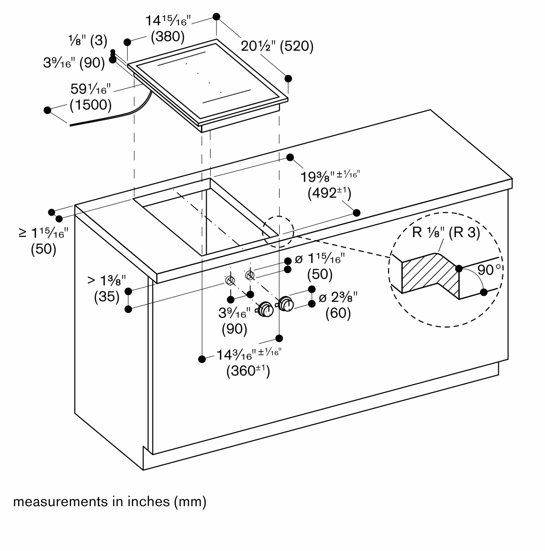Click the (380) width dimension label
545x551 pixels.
168,37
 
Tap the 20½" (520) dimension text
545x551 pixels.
277,46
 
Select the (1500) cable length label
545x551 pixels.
91,105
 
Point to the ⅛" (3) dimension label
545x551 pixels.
88,40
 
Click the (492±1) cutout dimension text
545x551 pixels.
329,193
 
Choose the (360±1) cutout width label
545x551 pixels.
248,371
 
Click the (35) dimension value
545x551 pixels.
106,297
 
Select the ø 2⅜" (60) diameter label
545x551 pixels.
338,306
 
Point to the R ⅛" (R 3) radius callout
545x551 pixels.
446,233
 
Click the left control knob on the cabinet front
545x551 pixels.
266,309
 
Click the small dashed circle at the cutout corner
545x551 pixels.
278,232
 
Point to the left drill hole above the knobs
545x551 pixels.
230,280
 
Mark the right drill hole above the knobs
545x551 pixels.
250,275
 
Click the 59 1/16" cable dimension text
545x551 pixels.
90,89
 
